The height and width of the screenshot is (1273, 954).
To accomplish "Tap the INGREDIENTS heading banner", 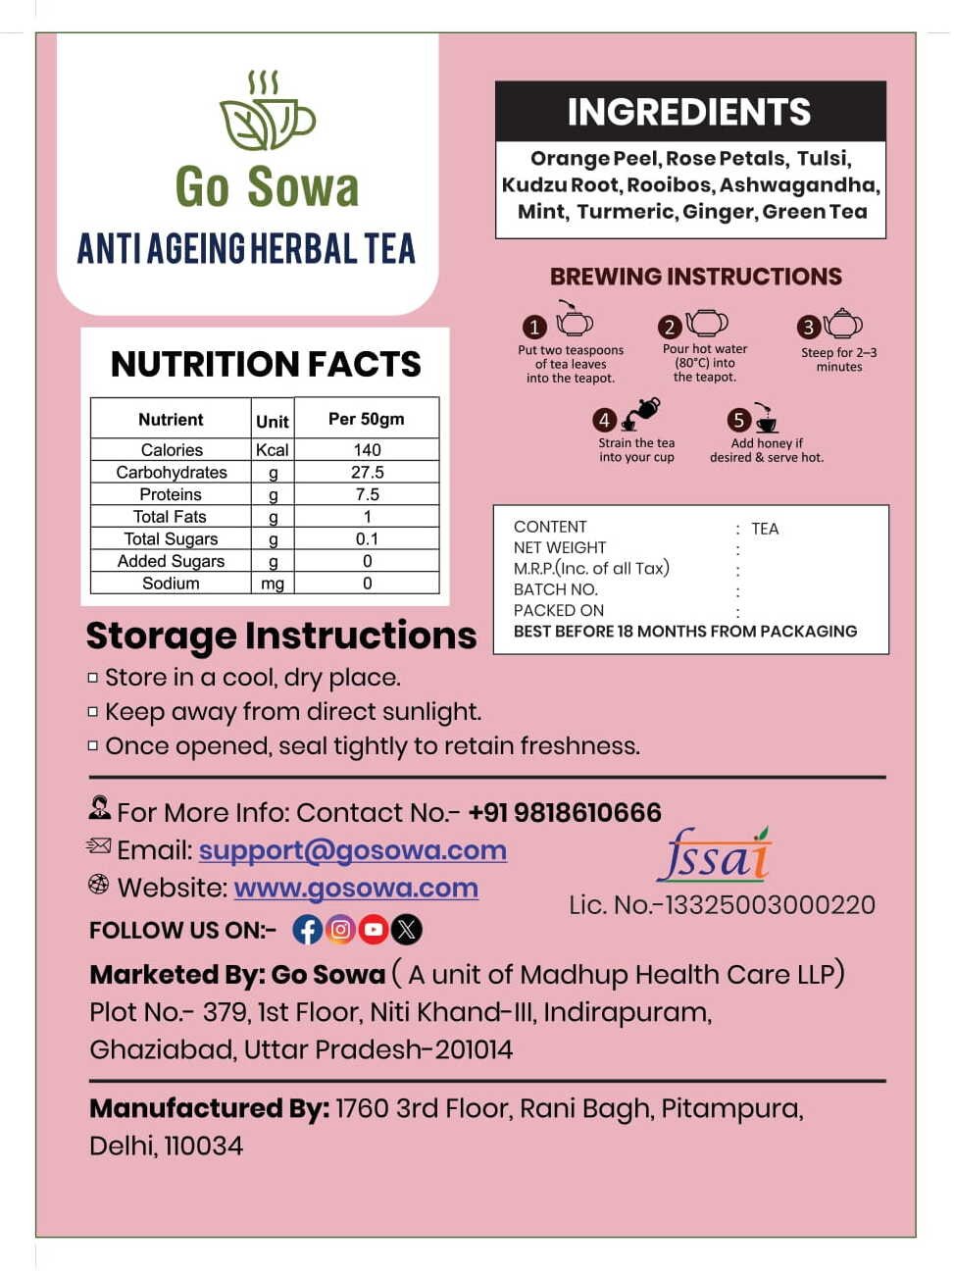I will point(689,112).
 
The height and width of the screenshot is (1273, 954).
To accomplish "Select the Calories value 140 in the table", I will point(367,450).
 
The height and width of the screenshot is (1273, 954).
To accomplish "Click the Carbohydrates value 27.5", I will point(367,473).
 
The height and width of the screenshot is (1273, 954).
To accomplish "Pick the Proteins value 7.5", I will point(367,495).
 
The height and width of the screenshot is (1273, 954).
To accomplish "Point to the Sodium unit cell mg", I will point(273,584).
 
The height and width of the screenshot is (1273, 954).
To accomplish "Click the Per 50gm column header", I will point(366,419).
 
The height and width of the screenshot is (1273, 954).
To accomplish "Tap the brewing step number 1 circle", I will point(534,327).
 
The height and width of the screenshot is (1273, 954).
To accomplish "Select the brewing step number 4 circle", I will point(604,420).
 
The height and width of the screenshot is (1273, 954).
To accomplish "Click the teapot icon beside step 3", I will point(843,323).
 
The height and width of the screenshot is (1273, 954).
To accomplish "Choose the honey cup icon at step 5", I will point(766,419).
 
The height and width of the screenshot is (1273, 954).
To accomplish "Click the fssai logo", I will point(715,855).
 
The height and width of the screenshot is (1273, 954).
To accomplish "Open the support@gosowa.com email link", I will point(353,850).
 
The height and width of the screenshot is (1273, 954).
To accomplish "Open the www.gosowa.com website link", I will point(356,889).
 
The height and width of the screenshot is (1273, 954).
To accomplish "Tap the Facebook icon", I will point(307,930).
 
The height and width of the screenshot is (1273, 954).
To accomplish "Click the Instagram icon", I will point(340,930).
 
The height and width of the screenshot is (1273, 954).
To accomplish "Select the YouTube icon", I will point(374,930).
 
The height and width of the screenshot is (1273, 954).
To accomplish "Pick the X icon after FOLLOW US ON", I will point(407,930).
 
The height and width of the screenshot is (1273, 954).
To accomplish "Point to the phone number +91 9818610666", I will point(565,813).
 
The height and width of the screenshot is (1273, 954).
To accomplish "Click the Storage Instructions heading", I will point(281,636).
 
